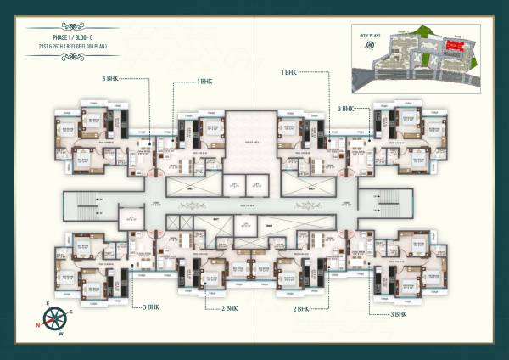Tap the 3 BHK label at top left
pos(109,79)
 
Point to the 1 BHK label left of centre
pos(205,82)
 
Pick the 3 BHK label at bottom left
pos(150,307)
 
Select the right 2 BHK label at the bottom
pos(304,309)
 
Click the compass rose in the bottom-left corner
pos(55,321)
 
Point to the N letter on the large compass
pos(39,324)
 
